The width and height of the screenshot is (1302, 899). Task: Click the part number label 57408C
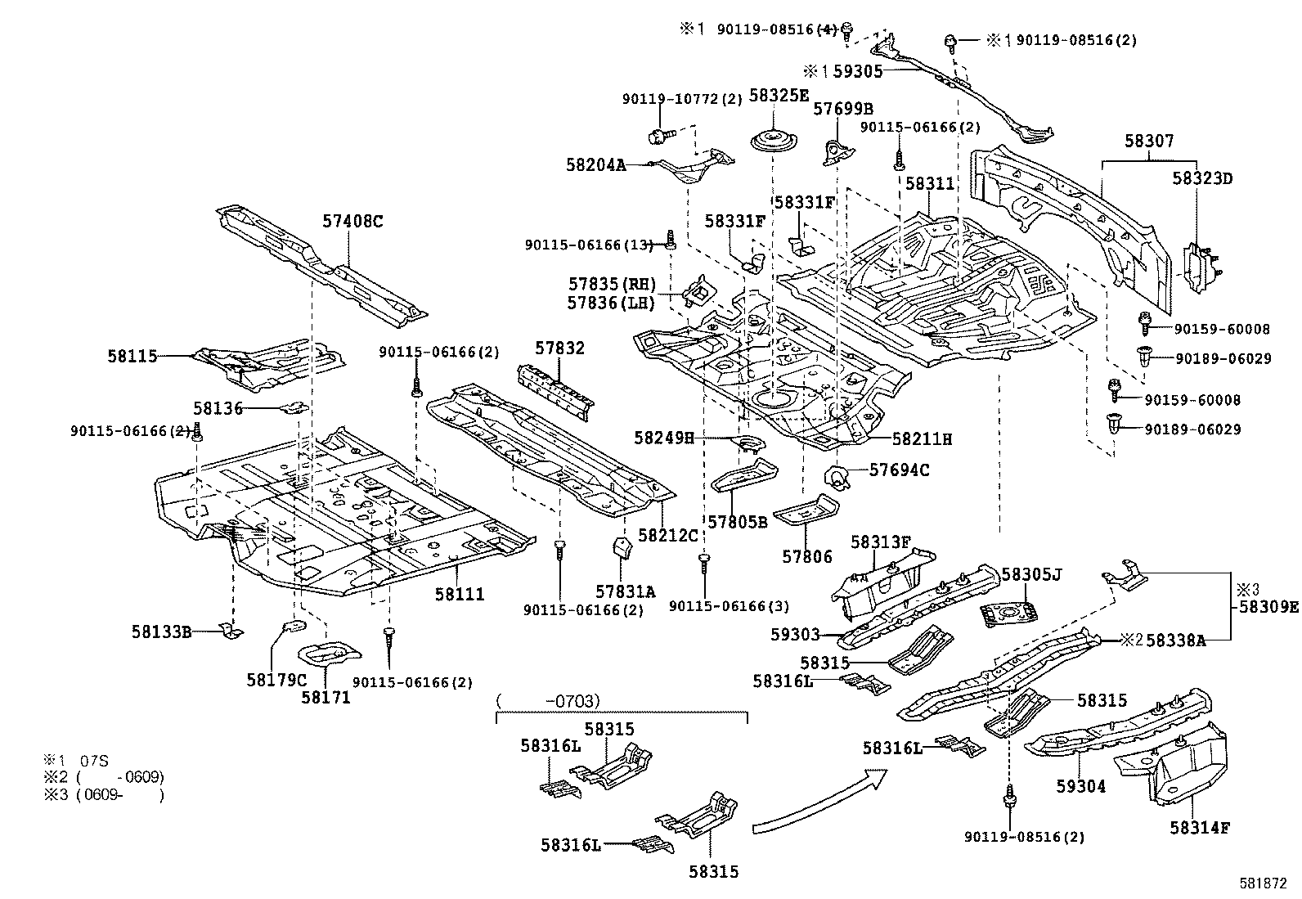[352, 221]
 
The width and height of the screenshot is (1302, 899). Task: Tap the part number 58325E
[779, 96]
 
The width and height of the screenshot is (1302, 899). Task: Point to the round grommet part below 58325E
[772, 139]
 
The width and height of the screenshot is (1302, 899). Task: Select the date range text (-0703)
[548, 701]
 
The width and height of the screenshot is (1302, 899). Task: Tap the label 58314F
[1199, 827]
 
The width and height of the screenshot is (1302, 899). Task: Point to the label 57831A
[625, 591]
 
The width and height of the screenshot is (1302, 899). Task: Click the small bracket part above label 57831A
[623, 548]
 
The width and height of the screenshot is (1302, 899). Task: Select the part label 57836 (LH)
[612, 303]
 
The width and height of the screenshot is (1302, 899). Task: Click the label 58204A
[595, 164]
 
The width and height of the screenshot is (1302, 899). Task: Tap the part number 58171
[325, 697]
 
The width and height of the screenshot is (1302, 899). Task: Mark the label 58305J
[1030, 574]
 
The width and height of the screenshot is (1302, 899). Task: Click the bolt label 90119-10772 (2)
[681, 99]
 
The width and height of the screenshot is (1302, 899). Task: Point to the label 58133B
[161, 631]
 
